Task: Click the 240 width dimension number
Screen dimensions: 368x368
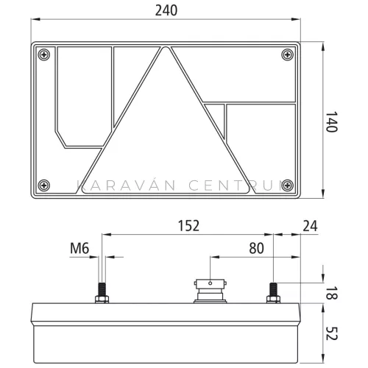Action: (x=166, y=11)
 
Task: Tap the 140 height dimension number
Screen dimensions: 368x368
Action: (x=331, y=122)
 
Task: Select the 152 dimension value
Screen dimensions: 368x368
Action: (x=188, y=226)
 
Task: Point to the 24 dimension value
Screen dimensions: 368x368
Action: (x=310, y=226)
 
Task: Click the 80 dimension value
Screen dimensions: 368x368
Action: (x=256, y=248)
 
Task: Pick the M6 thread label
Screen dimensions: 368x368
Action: (x=79, y=248)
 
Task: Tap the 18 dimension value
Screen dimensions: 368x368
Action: (x=331, y=293)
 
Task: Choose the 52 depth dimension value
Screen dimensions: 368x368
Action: (x=331, y=333)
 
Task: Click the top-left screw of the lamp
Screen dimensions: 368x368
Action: (x=44, y=54)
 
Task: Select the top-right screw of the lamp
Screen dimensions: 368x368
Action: (x=288, y=54)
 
